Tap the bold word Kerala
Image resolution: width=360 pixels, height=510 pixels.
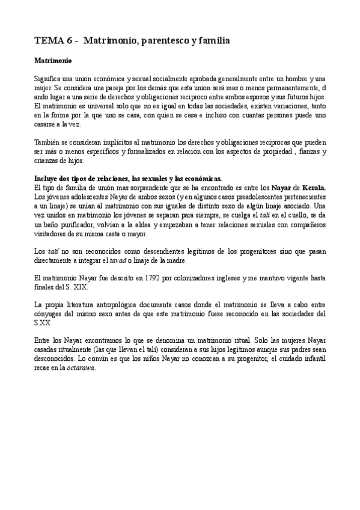point(314,188)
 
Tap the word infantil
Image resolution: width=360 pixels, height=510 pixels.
point(315,358)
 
